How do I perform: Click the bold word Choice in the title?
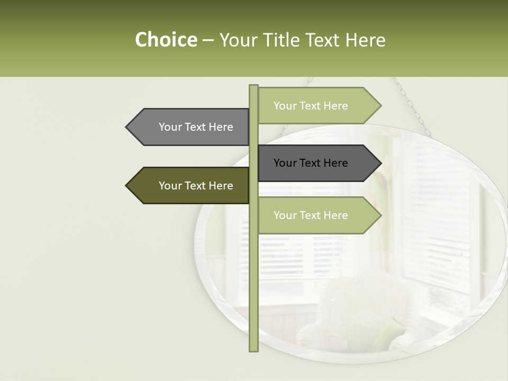166,40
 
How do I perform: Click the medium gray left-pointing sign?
190,127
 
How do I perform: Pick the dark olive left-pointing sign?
190,186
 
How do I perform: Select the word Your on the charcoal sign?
285,163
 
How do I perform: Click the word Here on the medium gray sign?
221,127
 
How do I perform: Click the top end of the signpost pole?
253,87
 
